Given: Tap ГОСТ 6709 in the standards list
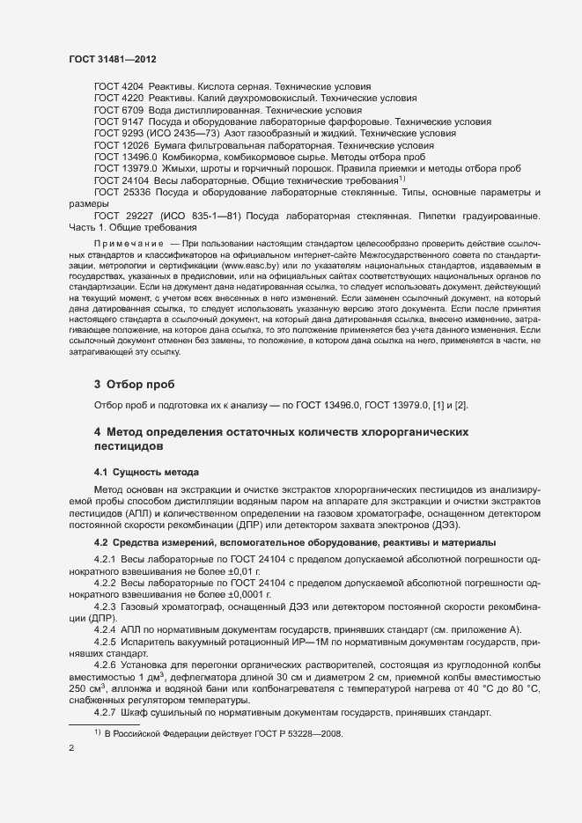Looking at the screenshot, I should tap(119, 110).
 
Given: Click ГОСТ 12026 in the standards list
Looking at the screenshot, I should tap(122, 144).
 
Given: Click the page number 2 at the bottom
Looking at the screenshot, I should tap(71, 749).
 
